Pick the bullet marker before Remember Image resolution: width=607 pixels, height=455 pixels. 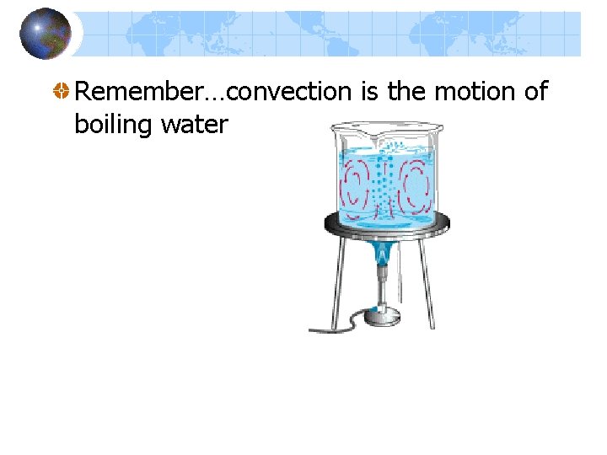pyautogui.click(x=62, y=92)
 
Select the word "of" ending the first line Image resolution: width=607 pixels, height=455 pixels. pyautogui.click(x=536, y=91)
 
